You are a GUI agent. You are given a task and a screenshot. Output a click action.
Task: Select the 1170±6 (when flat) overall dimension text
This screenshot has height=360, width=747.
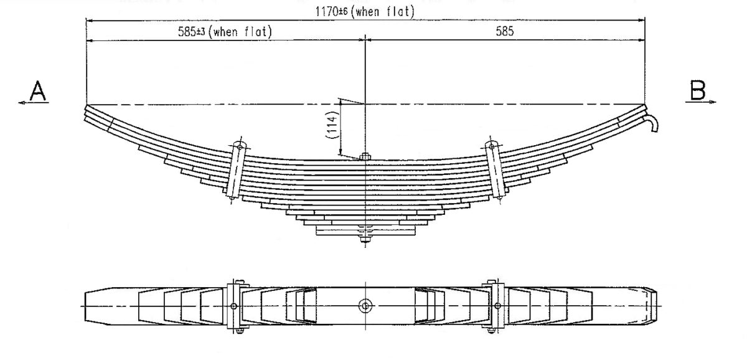365,11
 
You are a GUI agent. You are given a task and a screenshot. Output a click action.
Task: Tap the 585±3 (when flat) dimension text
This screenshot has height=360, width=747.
223,32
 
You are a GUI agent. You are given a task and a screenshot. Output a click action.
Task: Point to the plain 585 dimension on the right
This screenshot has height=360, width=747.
505,32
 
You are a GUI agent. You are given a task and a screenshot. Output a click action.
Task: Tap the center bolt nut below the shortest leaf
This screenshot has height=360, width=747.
365,238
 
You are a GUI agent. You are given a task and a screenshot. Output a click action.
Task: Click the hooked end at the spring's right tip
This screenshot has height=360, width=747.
652,122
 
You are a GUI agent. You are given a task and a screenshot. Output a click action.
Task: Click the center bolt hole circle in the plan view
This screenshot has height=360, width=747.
365,306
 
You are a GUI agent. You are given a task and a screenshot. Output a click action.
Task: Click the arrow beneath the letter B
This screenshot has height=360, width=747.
703,103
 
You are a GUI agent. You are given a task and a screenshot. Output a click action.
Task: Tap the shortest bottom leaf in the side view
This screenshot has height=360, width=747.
365,231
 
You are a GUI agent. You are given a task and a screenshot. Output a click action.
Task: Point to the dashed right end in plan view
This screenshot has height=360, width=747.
651,306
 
